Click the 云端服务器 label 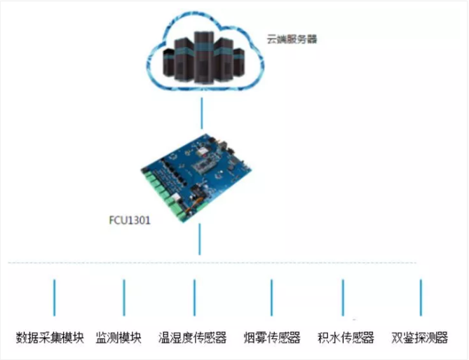(x=292, y=39)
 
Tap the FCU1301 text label (x=130, y=220)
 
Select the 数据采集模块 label (x=50, y=338)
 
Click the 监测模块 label (x=118, y=338)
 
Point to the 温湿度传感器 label (x=192, y=338)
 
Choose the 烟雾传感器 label (x=272, y=338)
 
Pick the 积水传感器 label (x=346, y=338)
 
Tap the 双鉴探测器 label (x=420, y=338)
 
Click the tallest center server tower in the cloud (x=204, y=57)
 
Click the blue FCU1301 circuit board (x=196, y=177)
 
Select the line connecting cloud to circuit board (x=202, y=113)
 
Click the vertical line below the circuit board (x=200, y=240)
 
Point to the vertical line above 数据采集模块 (x=54, y=298)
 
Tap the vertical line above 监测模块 (x=124, y=298)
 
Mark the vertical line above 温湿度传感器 (x=194, y=298)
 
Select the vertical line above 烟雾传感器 (x=271, y=298)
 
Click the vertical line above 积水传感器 (x=343, y=298)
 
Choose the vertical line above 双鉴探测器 (x=421, y=298)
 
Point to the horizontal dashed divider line (x=212, y=263)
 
